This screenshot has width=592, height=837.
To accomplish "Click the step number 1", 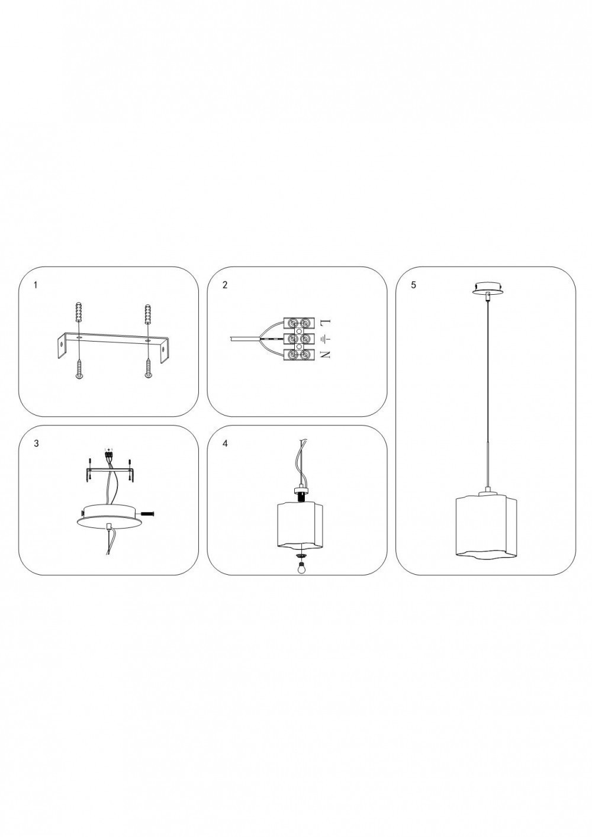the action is click(x=36, y=285).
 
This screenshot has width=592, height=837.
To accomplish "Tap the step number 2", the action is click(x=224, y=285).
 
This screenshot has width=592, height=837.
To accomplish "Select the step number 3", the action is click(x=36, y=443).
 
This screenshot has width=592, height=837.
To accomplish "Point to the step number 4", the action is click(x=224, y=443).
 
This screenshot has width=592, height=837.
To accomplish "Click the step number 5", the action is click(x=413, y=285).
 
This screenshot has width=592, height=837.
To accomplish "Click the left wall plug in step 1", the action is click(x=79, y=312).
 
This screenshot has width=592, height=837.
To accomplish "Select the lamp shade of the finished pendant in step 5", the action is click(x=487, y=526).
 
